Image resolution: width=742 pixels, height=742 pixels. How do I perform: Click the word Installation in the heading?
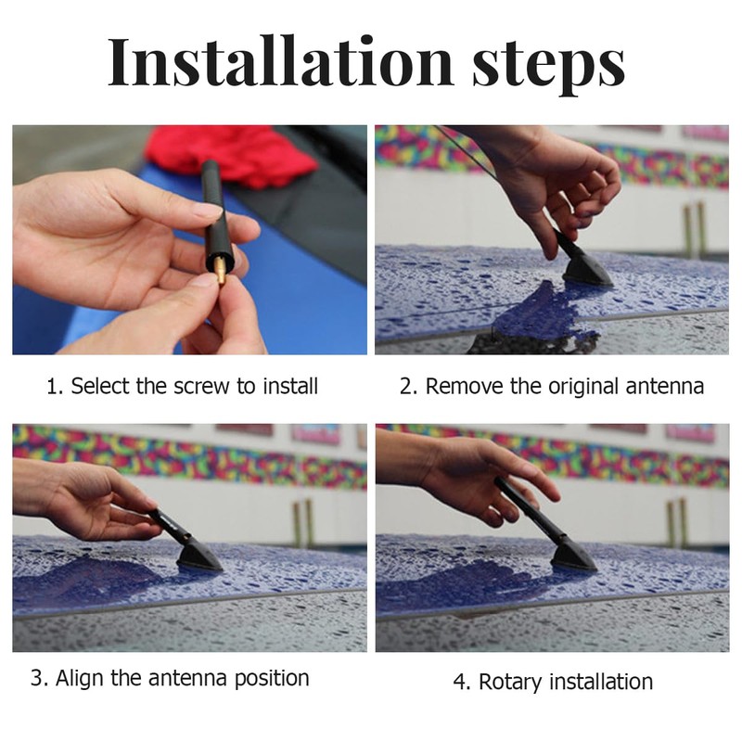tap(281, 62)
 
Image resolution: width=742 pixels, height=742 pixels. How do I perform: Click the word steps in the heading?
tap(548, 65)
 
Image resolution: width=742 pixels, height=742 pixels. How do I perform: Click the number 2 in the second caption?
tap(406, 386)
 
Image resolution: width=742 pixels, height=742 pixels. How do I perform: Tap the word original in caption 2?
tap(583, 387)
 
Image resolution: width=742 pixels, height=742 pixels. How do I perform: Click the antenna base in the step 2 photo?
tap(586, 273)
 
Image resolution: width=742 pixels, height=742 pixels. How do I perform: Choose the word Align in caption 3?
tap(80, 679)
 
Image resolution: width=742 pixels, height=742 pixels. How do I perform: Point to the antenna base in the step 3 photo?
tap(198, 555)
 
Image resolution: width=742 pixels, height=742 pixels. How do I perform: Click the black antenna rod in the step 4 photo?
tap(529, 507)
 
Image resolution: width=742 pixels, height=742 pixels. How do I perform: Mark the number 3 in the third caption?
tap(37, 678)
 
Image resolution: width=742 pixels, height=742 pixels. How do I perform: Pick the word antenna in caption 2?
tap(664, 387)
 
